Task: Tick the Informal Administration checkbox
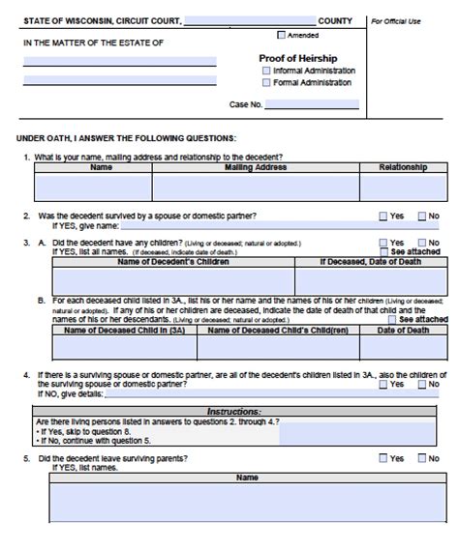tap(266, 71)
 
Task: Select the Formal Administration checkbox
tap(266, 82)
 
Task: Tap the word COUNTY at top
tap(335, 19)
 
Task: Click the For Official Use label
tap(395, 19)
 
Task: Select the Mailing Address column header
tap(255, 167)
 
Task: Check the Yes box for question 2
tap(383, 216)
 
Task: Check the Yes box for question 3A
tap(383, 243)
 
